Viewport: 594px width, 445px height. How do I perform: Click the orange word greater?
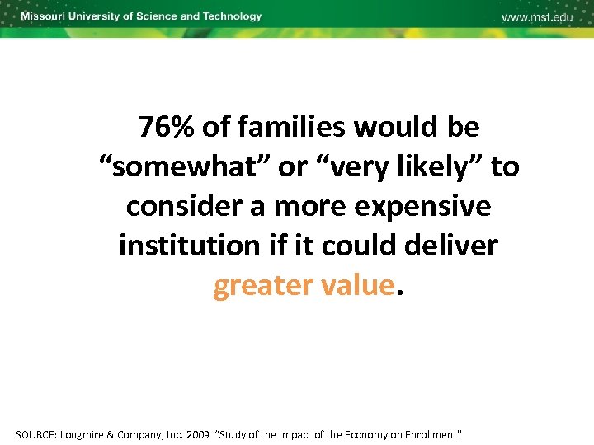click(259, 285)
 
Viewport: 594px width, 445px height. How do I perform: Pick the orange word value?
click(354, 285)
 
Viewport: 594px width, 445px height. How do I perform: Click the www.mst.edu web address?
click(537, 17)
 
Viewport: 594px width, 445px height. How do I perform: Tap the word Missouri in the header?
click(45, 16)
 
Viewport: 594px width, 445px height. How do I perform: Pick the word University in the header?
click(95, 16)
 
